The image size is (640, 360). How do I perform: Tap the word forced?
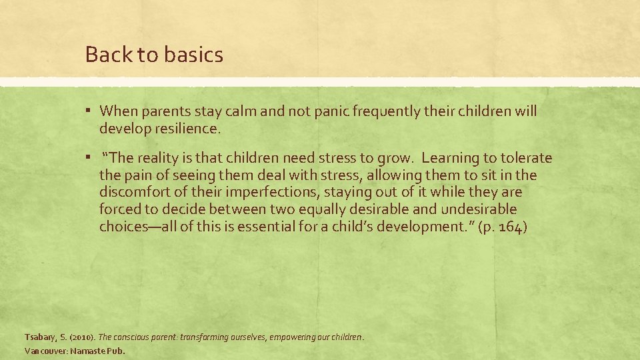pos(119,209)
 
